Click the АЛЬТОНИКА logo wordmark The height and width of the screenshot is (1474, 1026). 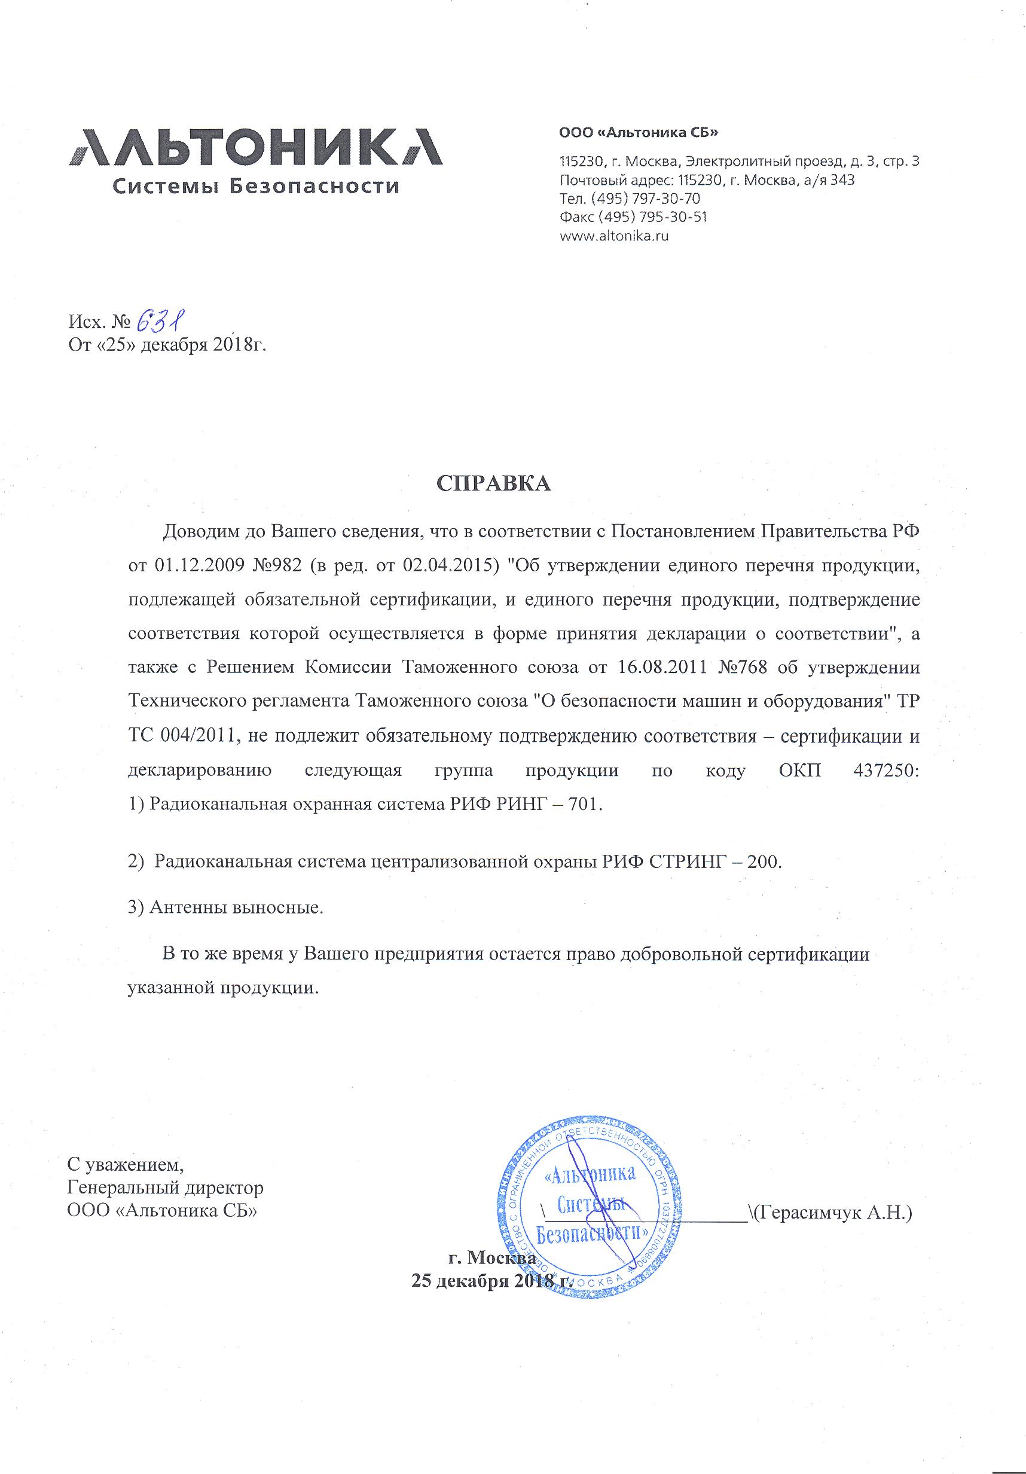[255, 147]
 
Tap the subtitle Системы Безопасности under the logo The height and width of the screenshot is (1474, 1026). [255, 187]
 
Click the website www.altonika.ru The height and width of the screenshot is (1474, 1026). [614, 236]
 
